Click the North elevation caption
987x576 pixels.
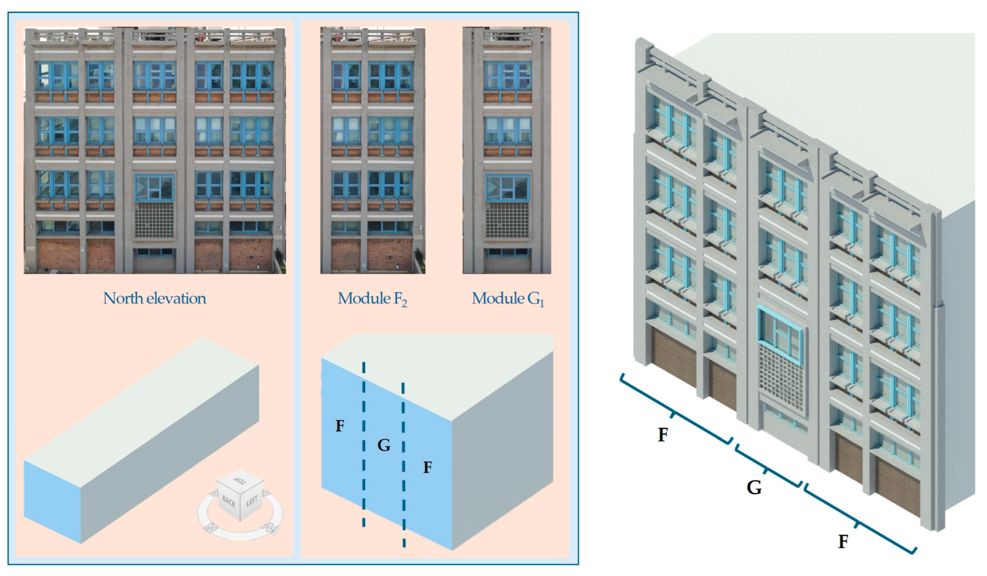pos(154,298)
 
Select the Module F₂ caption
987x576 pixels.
pos(372,299)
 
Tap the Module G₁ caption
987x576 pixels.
pos(508,299)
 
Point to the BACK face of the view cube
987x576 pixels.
pos(228,501)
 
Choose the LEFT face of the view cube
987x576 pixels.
pos(252,501)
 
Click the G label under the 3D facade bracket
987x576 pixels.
pos(754,488)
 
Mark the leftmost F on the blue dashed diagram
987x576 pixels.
pos(340,426)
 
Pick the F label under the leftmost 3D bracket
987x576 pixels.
pos(662,435)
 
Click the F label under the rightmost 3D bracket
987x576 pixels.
pos(843,542)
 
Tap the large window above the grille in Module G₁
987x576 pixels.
pos(507,188)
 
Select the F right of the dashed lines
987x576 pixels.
pos(428,467)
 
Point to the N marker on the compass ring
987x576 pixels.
pos(207,528)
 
